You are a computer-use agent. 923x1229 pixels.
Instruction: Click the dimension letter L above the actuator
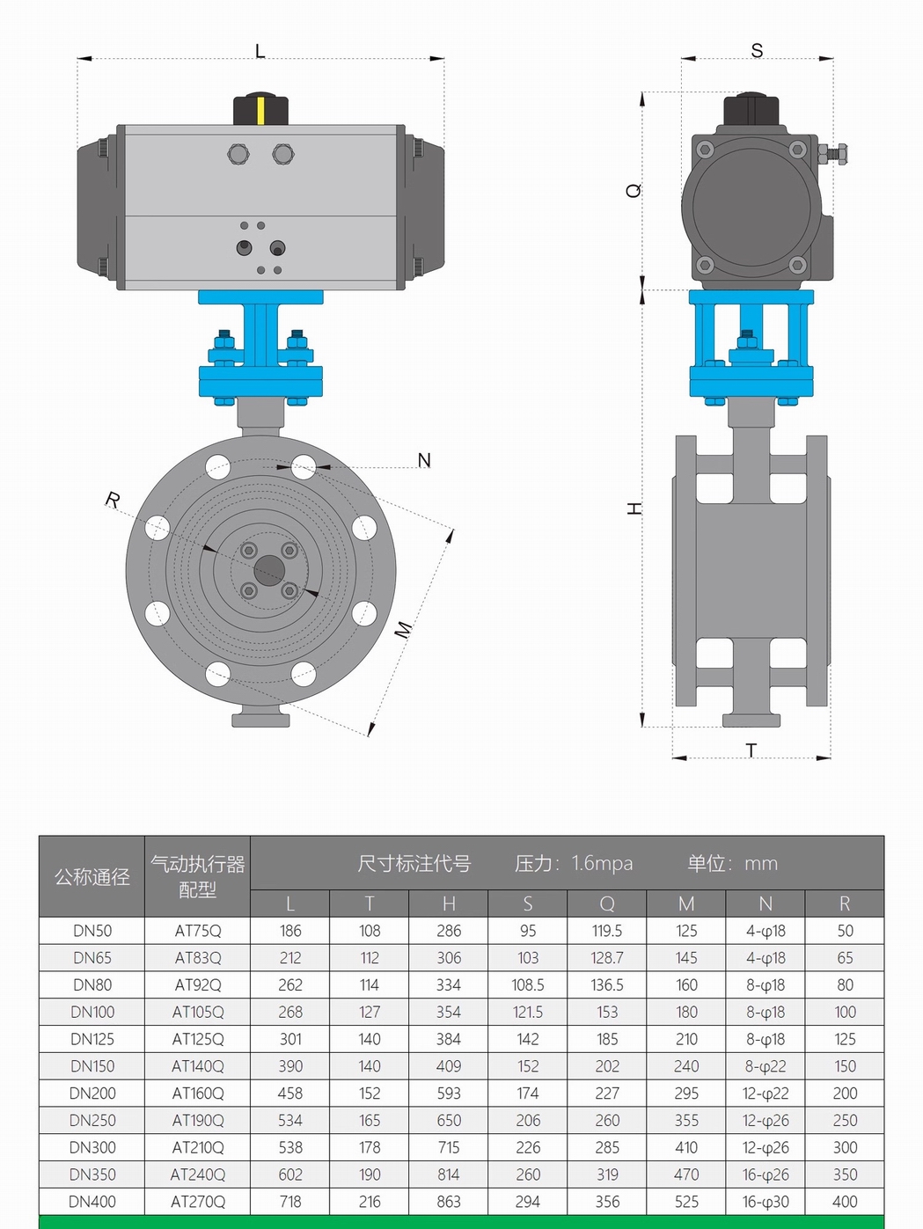pyautogui.click(x=260, y=51)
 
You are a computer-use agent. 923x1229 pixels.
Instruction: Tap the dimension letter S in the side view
pyautogui.click(x=757, y=51)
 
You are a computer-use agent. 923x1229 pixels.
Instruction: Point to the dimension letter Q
pyautogui.click(x=634, y=190)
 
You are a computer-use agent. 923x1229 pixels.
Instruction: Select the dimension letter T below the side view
pyautogui.click(x=751, y=750)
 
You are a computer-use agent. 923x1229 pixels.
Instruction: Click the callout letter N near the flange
pyautogui.click(x=424, y=460)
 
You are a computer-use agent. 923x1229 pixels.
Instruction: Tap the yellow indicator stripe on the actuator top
pyautogui.click(x=260, y=110)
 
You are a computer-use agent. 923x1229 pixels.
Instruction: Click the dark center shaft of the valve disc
pyautogui.click(x=268, y=570)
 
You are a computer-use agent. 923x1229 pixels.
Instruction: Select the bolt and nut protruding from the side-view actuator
pyautogui.click(x=833, y=155)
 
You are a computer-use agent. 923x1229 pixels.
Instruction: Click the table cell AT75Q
pyautogui.click(x=198, y=931)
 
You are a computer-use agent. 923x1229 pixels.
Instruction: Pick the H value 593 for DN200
pyautogui.click(x=449, y=1094)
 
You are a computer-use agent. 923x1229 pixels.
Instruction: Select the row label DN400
pyautogui.click(x=92, y=1202)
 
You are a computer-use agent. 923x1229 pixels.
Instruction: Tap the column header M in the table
pyautogui.click(x=686, y=903)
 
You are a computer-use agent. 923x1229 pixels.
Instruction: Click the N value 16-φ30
pyautogui.click(x=766, y=1202)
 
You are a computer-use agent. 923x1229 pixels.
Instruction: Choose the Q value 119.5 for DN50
pyautogui.click(x=607, y=931)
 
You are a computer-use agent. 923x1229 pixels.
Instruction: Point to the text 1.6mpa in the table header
pyautogui.click(x=602, y=864)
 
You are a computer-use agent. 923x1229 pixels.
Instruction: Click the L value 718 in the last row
pyautogui.click(x=290, y=1202)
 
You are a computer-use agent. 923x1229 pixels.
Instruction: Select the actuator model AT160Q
pyautogui.click(x=198, y=1094)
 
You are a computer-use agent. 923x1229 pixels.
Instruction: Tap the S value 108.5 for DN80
pyautogui.click(x=528, y=985)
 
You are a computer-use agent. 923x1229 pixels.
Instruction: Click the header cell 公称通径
pyautogui.click(x=92, y=877)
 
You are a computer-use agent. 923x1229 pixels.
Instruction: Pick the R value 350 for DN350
pyautogui.click(x=845, y=1174)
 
